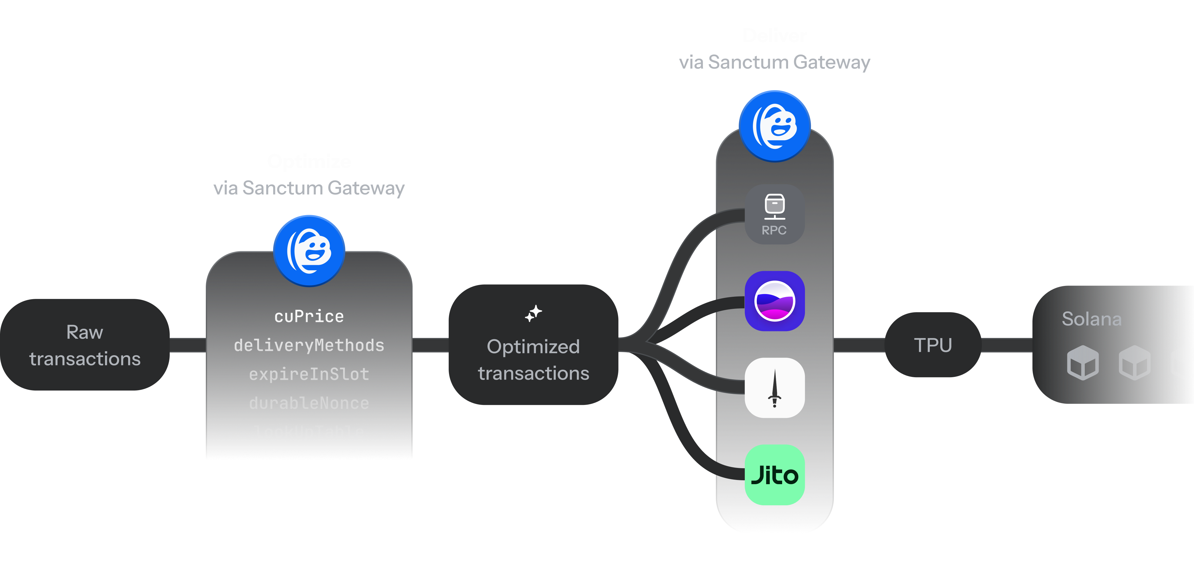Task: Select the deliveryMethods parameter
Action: point(309,346)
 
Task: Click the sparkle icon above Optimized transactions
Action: point(534,314)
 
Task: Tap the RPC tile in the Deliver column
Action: point(775,214)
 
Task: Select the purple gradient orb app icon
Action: point(775,301)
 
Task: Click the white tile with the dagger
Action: point(775,388)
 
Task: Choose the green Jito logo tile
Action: point(775,475)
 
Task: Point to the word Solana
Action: point(1092,319)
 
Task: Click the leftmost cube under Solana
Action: point(1083,363)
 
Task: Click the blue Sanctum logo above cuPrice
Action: point(309,251)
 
